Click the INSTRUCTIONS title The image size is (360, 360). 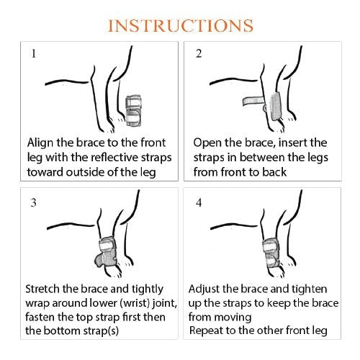click(181, 26)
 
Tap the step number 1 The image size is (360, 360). click(34, 53)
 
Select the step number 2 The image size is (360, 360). click(199, 53)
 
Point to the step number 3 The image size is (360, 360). click(34, 202)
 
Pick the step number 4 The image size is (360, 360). click(199, 203)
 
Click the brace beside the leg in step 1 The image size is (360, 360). click(133, 111)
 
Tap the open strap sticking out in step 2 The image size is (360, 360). click(253, 101)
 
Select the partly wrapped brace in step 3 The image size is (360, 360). click(106, 252)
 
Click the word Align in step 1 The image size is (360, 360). click(40, 143)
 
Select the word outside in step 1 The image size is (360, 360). click(85, 172)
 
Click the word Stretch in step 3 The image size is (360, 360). click(42, 289)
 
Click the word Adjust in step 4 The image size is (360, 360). click(204, 289)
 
